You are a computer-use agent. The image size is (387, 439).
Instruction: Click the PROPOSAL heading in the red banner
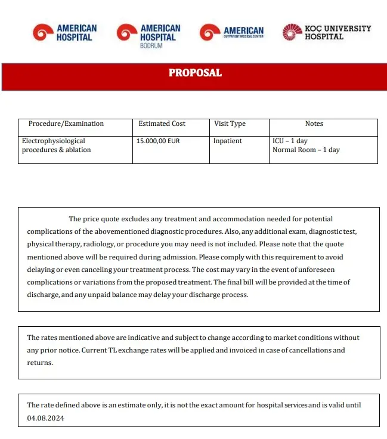(x=195, y=73)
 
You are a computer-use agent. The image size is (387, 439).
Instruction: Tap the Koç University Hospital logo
(x=327, y=32)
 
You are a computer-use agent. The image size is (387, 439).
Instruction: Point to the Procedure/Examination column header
(x=66, y=124)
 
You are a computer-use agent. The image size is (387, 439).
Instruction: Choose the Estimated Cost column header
(x=162, y=124)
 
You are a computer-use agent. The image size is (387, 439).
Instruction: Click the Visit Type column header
(x=230, y=124)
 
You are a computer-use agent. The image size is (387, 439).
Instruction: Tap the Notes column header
(x=314, y=124)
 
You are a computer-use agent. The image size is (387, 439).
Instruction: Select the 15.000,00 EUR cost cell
(x=158, y=141)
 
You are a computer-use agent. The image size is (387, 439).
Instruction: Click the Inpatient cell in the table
(x=228, y=141)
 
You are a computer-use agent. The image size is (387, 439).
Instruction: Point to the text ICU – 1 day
(x=290, y=141)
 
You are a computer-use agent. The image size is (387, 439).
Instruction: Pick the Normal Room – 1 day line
(x=306, y=150)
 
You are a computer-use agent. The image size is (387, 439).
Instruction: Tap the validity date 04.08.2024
(x=45, y=418)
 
